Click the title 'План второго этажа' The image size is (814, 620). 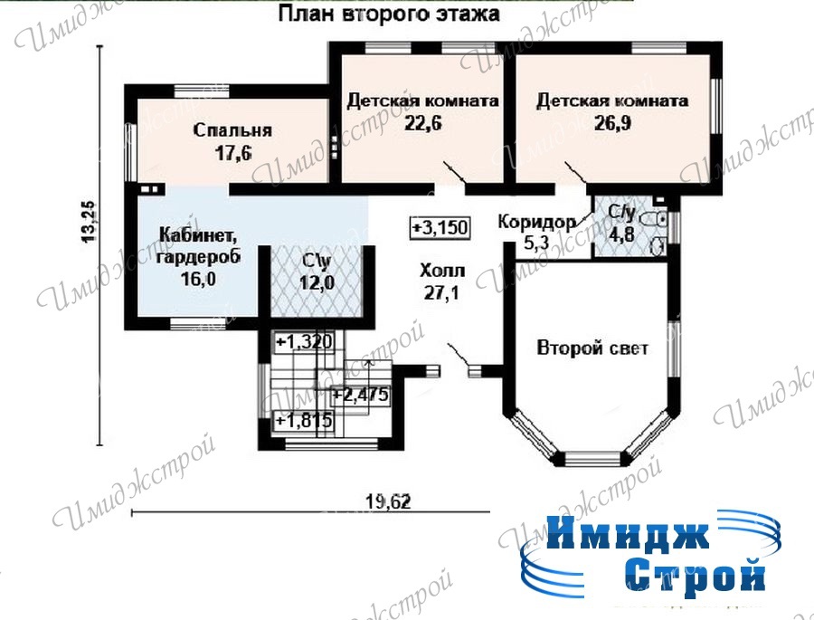point(389,14)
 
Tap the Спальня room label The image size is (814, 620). point(232,130)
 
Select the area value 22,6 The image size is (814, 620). point(423,124)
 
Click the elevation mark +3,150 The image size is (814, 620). point(440,227)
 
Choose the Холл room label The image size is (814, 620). point(442,271)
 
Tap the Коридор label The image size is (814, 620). point(536,222)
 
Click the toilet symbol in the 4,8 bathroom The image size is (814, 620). point(655,220)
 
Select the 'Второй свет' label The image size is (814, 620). point(592,348)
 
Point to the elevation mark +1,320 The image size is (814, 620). point(304,342)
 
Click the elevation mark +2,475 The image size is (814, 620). point(361,395)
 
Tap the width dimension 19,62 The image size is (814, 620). point(388,502)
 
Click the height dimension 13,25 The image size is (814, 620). point(89,222)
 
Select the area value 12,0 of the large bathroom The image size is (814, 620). point(317,283)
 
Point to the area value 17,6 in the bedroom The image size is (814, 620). point(232,153)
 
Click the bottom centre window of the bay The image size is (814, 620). point(592,458)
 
